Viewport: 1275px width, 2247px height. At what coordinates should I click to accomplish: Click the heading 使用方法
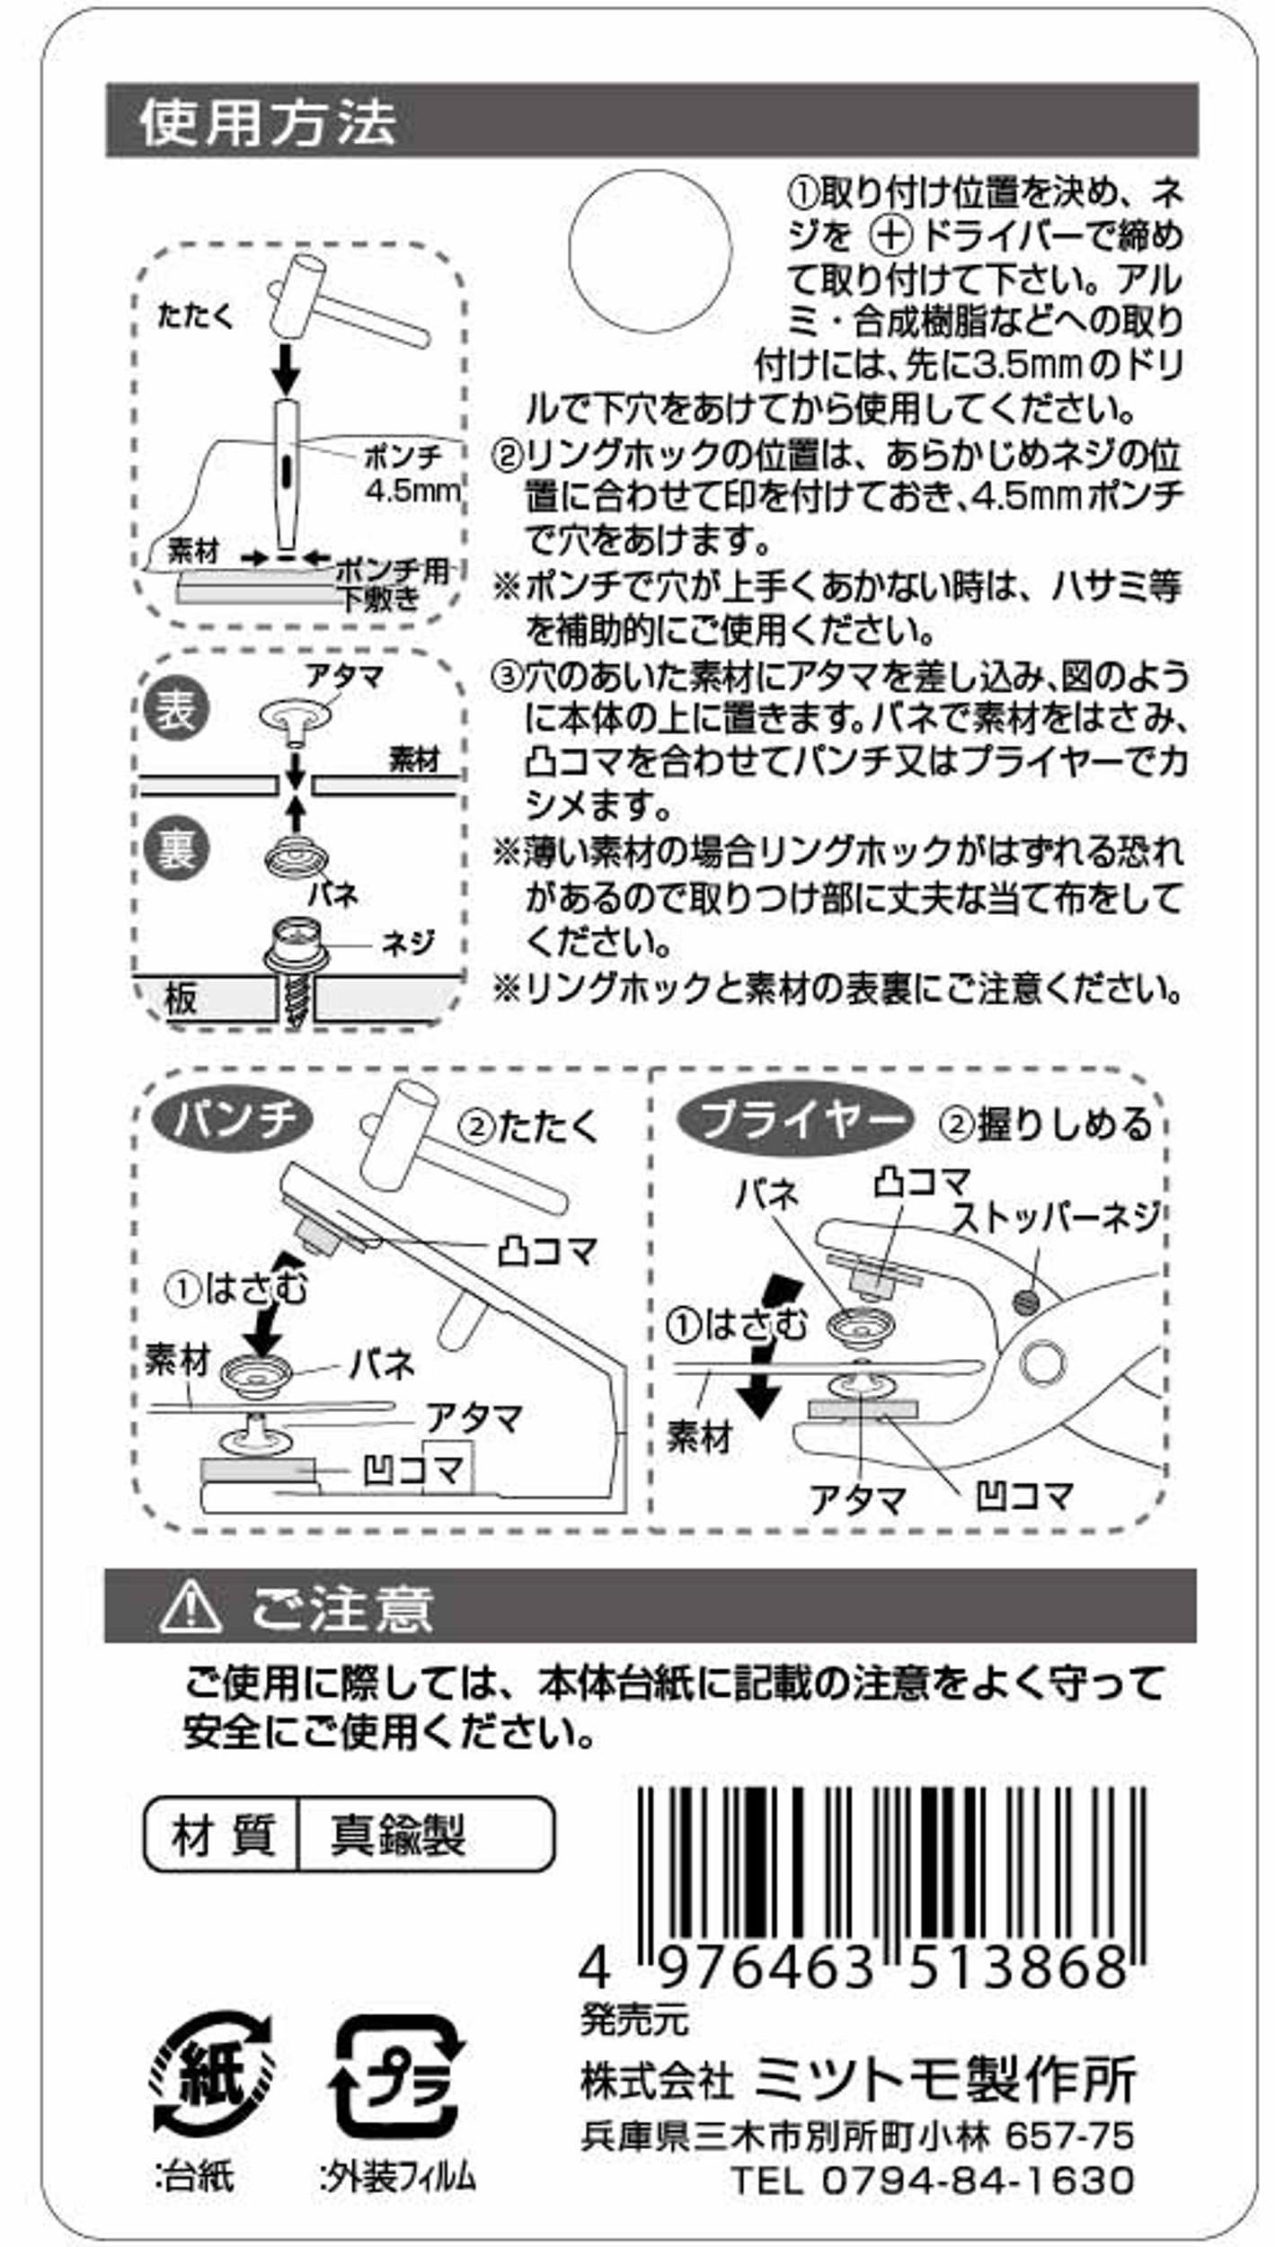click(268, 122)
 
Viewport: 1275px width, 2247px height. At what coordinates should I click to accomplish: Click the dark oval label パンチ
click(234, 1120)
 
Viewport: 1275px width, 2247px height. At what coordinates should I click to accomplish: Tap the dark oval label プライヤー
click(794, 1121)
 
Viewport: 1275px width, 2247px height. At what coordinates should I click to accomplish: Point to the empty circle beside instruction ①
click(651, 251)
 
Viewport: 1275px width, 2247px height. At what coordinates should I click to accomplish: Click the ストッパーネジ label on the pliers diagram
click(1055, 1218)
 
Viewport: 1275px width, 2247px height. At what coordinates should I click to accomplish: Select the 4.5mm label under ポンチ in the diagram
click(412, 491)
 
